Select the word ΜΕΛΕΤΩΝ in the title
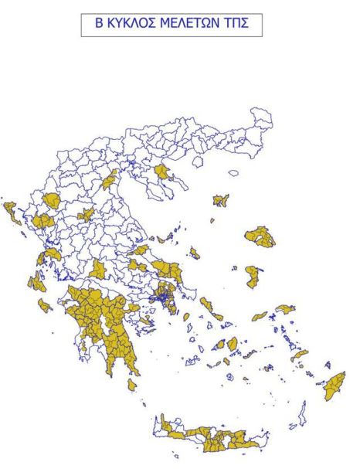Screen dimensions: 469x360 point(188,25)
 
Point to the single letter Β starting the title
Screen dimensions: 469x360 point(98,25)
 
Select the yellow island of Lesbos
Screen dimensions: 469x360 point(260,236)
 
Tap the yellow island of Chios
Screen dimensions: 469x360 point(253,276)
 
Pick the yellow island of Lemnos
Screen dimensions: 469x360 point(221,200)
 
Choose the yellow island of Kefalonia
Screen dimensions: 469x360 point(36,283)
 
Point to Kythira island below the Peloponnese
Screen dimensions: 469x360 point(132,384)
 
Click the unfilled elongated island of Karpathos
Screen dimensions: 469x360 point(303,410)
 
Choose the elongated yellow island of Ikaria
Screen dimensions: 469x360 point(260,316)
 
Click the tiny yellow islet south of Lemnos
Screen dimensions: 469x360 point(212,221)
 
